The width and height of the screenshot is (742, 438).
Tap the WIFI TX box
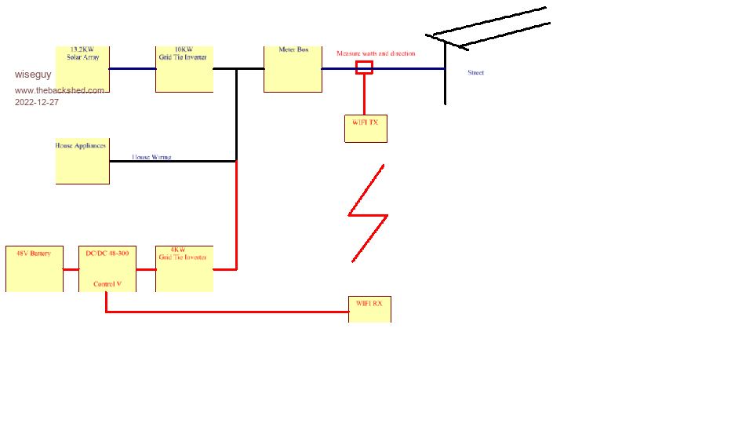pyautogui.click(x=366, y=129)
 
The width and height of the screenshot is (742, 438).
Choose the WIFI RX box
pyautogui.click(x=369, y=309)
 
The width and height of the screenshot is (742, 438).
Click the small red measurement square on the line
pyautogui.click(x=364, y=68)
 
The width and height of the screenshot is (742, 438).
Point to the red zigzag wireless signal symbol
pyautogui.click(x=367, y=214)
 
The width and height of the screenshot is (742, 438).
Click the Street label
pyautogui.click(x=475, y=72)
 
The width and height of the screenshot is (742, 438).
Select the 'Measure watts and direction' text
pyautogui.click(x=376, y=53)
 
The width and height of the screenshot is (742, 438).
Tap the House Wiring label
pyautogui.click(x=151, y=157)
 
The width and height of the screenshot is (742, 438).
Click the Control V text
pyautogui.click(x=107, y=284)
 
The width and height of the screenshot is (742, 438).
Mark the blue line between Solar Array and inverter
pyautogui.click(x=132, y=68)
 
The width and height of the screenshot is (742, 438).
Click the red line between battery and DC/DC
pyautogui.click(x=71, y=269)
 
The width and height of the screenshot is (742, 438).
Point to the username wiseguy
pyautogui.click(x=33, y=75)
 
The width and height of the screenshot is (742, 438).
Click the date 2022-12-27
pyautogui.click(x=36, y=102)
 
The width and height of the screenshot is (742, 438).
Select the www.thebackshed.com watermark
pyautogui.click(x=59, y=90)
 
